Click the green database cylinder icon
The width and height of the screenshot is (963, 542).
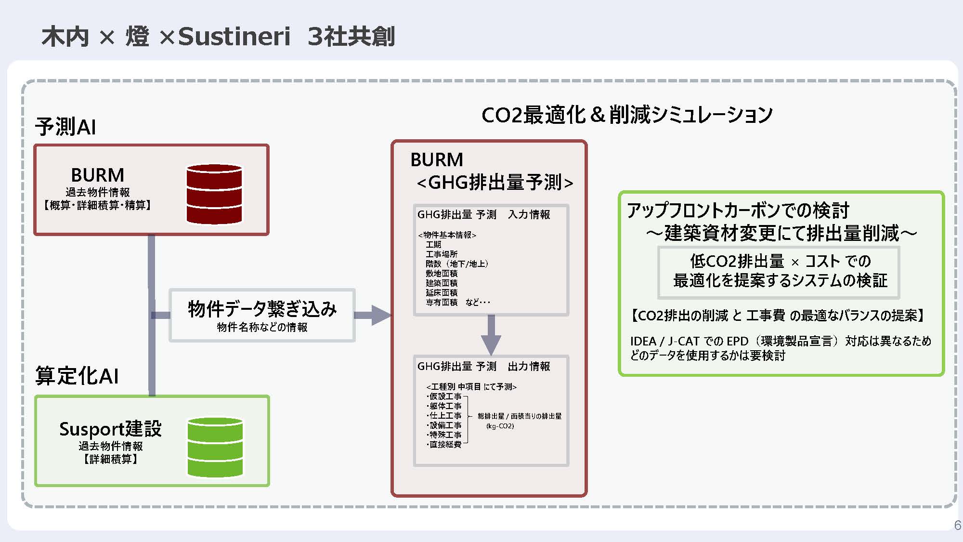tap(215, 447)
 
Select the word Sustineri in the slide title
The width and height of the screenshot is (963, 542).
tap(234, 37)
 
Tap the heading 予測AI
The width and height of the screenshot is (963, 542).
tap(65, 127)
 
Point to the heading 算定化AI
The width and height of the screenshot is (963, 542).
tap(77, 376)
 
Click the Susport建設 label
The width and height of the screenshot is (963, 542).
tap(110, 429)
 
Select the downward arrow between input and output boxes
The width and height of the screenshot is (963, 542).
tap(491, 335)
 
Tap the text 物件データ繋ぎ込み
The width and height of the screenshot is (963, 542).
tap(262, 309)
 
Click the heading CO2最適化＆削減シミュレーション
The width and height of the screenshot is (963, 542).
tap(627, 115)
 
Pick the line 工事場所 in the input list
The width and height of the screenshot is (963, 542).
tap(442, 254)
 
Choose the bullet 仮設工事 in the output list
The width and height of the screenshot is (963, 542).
tap(445, 397)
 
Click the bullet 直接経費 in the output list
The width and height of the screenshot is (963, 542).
tap(445, 444)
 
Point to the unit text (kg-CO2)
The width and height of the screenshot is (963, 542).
tap(500, 426)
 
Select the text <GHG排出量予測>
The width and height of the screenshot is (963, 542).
tap(495, 183)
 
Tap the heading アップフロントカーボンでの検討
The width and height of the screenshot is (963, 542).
tap(738, 211)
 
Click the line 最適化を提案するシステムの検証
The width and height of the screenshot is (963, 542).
tap(780, 280)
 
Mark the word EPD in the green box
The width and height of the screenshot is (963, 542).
tap(737, 341)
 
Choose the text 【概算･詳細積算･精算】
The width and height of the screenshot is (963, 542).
tap(98, 205)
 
